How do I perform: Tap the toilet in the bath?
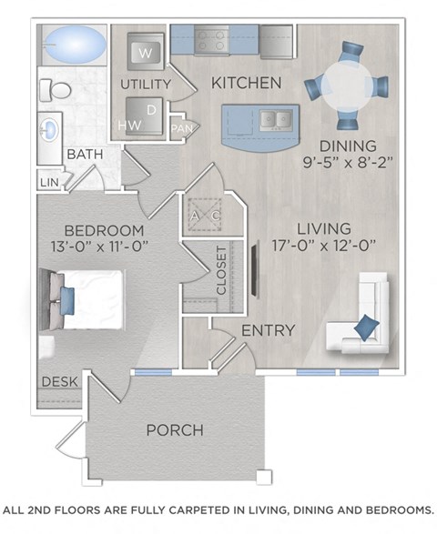(56, 89)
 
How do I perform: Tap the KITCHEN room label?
(246, 84)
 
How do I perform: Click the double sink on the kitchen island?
(273, 118)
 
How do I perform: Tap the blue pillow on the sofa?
(366, 326)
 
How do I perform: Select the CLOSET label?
(221, 270)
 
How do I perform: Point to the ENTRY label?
(268, 330)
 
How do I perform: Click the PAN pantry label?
(182, 128)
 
